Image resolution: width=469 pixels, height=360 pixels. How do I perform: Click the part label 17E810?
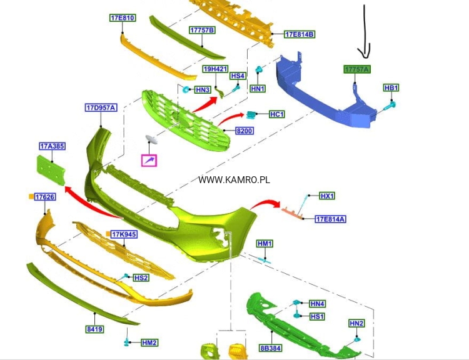click(123, 18)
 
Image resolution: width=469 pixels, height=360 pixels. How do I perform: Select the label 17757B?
click(202, 30)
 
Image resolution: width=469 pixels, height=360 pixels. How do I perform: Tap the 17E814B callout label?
click(300, 34)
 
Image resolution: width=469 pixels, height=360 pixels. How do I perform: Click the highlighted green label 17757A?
click(357, 69)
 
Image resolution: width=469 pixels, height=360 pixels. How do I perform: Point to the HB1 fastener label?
click(391, 88)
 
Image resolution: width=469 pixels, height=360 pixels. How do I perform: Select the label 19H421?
click(215, 69)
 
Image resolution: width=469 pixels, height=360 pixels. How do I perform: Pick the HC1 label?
click(277, 114)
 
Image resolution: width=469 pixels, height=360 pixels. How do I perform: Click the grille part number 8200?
click(245, 131)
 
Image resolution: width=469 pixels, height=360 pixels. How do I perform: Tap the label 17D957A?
click(101, 107)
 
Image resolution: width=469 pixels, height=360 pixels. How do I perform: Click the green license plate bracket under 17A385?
click(51, 170)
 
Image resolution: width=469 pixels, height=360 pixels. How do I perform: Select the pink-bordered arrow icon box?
click(149, 161)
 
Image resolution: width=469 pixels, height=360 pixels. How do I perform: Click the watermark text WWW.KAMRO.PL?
click(234, 180)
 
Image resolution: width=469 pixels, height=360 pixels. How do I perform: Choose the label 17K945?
click(124, 234)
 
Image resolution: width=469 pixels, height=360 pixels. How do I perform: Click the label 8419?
click(94, 329)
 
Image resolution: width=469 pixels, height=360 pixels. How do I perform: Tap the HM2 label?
click(149, 342)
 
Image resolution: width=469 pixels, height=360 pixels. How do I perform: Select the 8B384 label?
click(271, 348)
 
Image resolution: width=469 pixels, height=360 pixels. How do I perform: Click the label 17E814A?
click(331, 219)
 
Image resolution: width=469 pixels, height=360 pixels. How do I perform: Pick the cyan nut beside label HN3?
click(186, 89)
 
